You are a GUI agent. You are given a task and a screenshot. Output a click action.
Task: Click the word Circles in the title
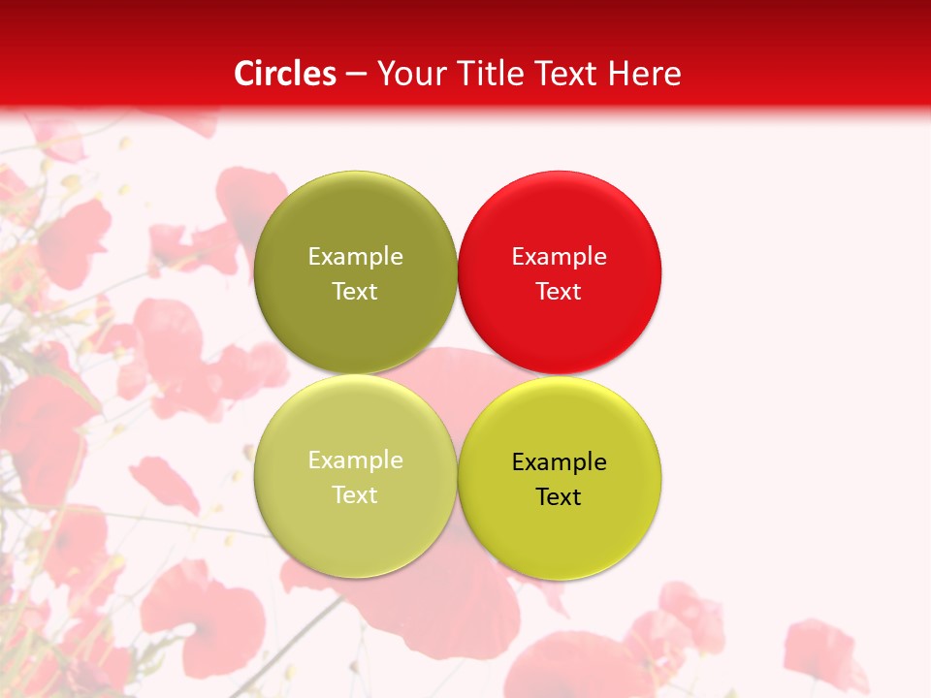285,74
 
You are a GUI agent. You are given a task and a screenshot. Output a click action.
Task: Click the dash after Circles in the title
356,75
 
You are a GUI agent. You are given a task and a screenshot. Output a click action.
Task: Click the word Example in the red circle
559,257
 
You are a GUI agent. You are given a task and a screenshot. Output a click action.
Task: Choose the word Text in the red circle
559,292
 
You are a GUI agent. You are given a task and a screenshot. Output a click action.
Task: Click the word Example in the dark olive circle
355,257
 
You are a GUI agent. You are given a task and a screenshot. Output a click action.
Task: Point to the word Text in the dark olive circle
355,292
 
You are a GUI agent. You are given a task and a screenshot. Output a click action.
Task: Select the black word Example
559,462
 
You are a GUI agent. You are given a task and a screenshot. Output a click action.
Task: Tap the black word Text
559,497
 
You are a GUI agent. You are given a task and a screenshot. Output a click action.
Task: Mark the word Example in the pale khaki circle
355,460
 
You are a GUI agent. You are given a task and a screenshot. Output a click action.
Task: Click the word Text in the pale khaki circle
355,495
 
